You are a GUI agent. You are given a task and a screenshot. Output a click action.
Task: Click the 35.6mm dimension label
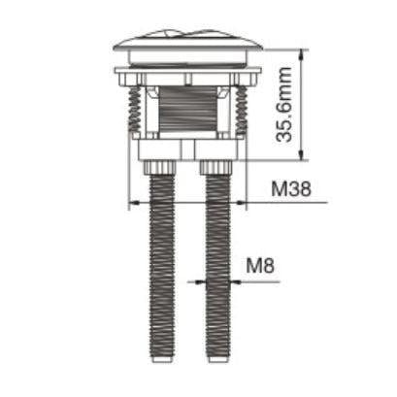pos(283,105)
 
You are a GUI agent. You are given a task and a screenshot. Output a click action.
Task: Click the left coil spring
pos(136,110)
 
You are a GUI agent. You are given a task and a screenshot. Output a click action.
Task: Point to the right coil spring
pos(240,110)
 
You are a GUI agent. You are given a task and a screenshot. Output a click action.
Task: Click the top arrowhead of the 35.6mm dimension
pos(303,50)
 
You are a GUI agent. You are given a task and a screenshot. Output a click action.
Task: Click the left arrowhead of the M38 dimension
pos(133,203)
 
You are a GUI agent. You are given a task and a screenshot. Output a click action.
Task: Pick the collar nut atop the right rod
pos(217,168)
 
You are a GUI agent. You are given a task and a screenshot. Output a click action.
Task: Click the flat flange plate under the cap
pos(187,72)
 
